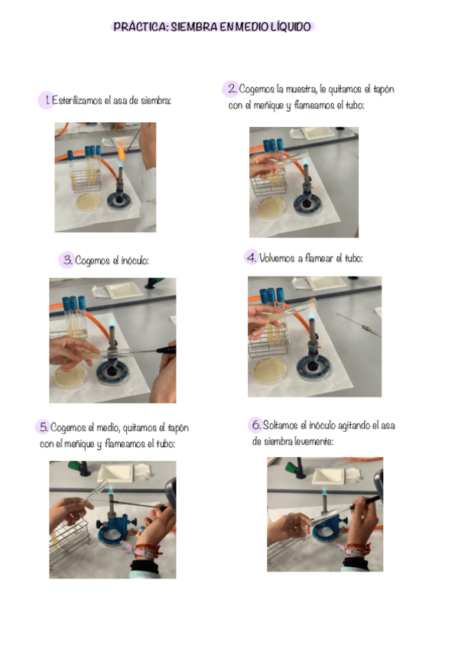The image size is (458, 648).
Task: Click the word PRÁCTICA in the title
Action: (x=140, y=27)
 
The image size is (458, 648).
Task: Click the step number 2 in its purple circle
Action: (x=232, y=89)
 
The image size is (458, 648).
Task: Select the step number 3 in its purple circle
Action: (x=68, y=260)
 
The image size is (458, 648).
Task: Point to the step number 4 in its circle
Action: (x=252, y=258)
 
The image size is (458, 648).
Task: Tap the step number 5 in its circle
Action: (x=44, y=427)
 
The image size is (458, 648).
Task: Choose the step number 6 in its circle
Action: (x=256, y=424)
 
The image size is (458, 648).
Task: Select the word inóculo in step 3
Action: (x=135, y=261)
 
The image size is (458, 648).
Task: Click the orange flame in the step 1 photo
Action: (x=121, y=152)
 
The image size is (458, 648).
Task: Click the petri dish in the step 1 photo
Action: (x=88, y=202)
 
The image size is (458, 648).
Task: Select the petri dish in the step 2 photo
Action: (x=271, y=208)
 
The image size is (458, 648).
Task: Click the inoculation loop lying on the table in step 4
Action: (x=358, y=323)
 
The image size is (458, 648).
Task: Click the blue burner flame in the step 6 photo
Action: (x=324, y=493)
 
